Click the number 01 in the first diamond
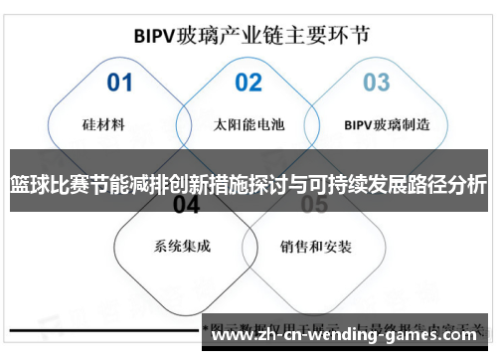(119, 82)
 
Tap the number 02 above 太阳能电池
(248, 82)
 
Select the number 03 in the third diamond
(376, 82)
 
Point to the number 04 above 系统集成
(186, 205)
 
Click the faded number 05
(314, 205)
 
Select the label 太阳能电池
(248, 126)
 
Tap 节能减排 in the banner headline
(128, 185)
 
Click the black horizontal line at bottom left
(99, 327)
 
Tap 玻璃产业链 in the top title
(238, 35)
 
